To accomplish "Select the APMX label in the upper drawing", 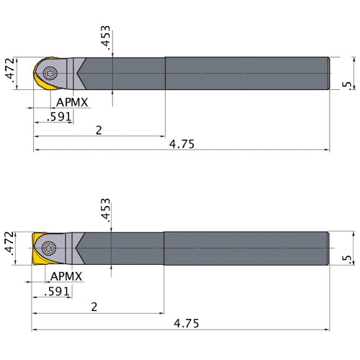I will coord(72,102).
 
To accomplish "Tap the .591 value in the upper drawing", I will coord(58,117).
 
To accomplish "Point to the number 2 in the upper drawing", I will coord(97,130).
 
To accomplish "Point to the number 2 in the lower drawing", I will coord(95,307).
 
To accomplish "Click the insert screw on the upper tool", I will coord(50,73).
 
